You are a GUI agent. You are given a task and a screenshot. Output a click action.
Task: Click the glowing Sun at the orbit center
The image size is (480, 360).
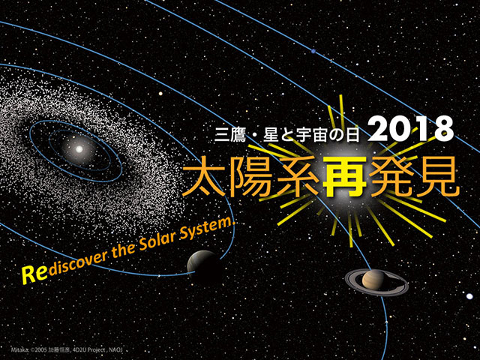[79, 148]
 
